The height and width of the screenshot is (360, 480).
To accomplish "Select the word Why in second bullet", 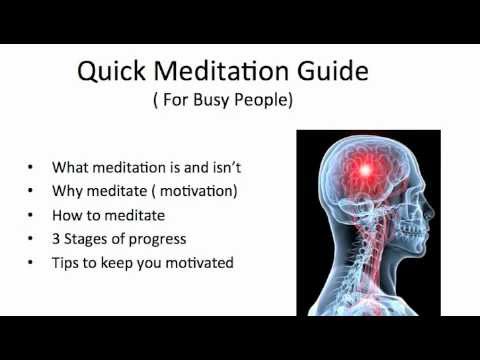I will pos(66,190).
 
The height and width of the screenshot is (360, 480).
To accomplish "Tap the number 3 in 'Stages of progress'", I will pos(56,238).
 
